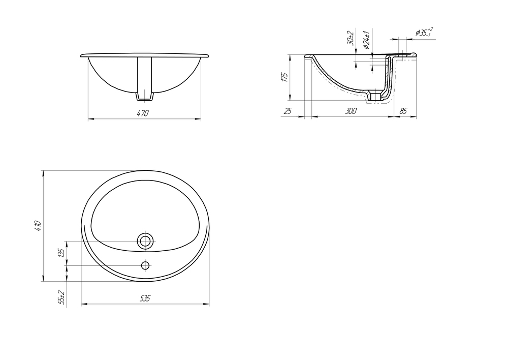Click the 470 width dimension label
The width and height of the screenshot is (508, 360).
(x=143, y=113)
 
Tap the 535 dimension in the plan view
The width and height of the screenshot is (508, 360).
(x=145, y=298)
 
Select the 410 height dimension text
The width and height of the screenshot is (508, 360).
(x=38, y=226)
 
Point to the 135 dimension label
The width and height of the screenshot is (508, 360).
(x=61, y=253)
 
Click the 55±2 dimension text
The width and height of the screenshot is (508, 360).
(x=61, y=298)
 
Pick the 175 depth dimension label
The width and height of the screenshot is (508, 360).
(x=285, y=77)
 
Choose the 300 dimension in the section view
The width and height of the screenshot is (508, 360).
(x=351, y=111)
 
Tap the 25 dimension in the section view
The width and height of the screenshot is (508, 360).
(x=288, y=111)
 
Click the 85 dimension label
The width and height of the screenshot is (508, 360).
(x=403, y=111)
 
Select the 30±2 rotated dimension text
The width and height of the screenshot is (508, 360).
(x=350, y=38)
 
